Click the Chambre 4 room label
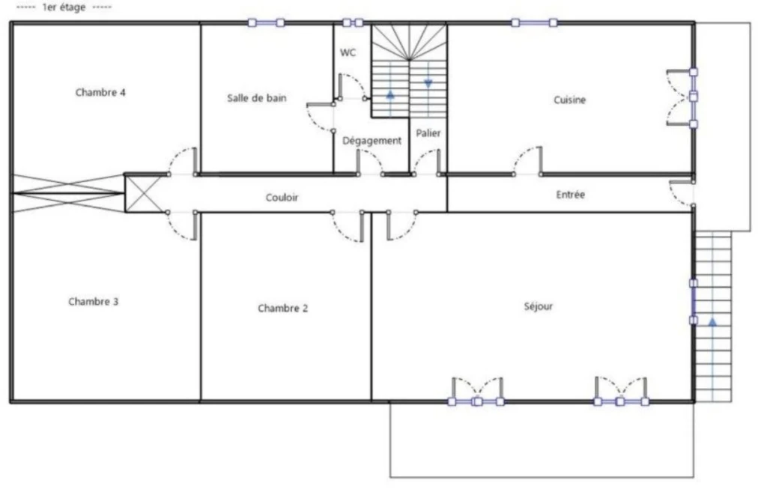coord(100,92)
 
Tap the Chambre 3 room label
coord(94,301)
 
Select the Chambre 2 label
coord(282,309)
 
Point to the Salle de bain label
coord(257,98)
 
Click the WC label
coord(348,52)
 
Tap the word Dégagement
coord(372,141)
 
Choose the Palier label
coord(428,133)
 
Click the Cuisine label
coord(569,100)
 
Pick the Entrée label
coord(570,195)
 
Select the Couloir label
coord(282,198)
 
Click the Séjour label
coord(538,307)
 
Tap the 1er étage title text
coord(64,7)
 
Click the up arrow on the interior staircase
coord(390,94)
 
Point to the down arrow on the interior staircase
coord(428,84)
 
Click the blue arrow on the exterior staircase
coord(713,322)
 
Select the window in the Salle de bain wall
coord(266,22)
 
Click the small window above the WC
coord(353,22)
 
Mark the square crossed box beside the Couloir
coord(143,194)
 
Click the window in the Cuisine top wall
coord(534,22)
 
